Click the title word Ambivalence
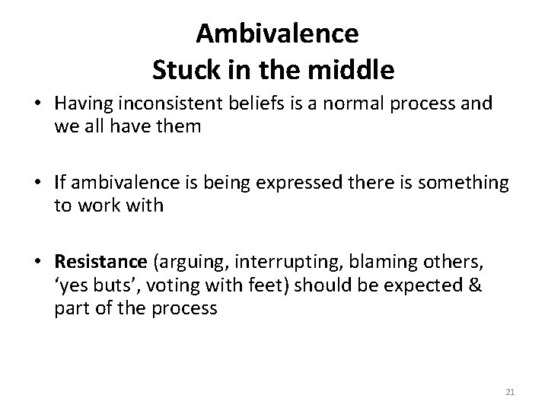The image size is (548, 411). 277,33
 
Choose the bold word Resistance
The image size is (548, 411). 100,263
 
